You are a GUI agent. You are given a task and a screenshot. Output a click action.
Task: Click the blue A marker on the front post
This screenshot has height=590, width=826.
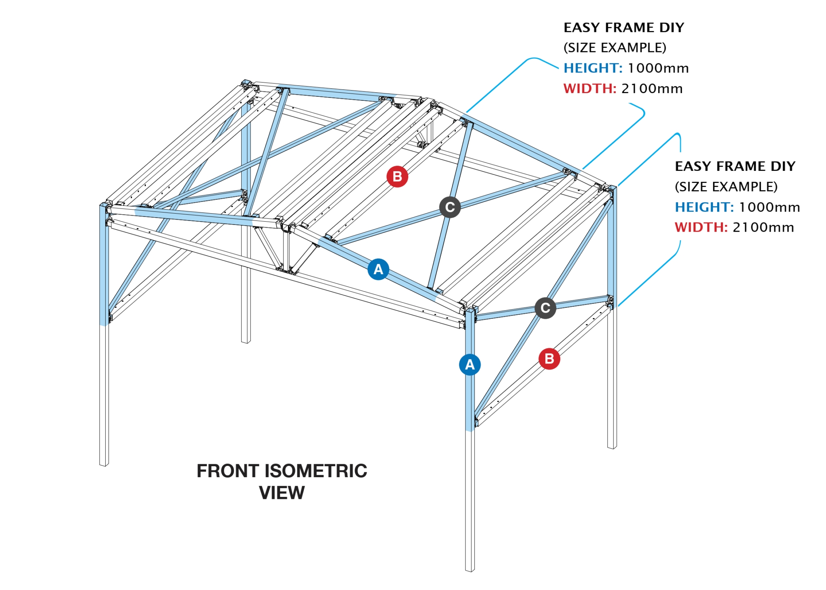click(469, 364)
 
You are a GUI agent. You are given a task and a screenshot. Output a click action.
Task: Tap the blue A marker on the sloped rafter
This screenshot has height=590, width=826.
click(378, 269)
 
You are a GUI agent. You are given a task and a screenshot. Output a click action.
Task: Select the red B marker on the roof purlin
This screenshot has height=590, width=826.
click(397, 177)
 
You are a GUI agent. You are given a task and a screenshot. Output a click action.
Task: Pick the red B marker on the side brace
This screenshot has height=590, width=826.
click(549, 358)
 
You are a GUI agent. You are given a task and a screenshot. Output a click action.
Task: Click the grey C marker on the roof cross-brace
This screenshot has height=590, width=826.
click(450, 207)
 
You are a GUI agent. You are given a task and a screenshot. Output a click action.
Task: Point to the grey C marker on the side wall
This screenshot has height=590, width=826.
click(545, 308)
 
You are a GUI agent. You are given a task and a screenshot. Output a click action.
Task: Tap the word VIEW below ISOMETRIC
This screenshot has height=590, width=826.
click(282, 492)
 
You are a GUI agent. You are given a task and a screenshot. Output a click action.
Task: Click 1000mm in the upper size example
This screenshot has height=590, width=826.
click(658, 68)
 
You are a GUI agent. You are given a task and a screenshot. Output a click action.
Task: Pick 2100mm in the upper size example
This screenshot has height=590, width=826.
click(652, 88)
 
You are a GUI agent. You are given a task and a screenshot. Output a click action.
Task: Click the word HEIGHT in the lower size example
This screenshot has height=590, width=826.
click(704, 207)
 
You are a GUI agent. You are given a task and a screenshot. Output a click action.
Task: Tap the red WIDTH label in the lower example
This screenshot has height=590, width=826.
click(701, 227)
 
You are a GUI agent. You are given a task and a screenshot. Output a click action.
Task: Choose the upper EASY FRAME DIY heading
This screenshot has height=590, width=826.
click(624, 27)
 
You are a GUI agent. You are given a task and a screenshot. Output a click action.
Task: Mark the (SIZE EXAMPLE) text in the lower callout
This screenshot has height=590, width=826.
click(726, 187)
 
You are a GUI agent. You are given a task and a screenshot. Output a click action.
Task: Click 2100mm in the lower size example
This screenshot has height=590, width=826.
click(763, 227)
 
